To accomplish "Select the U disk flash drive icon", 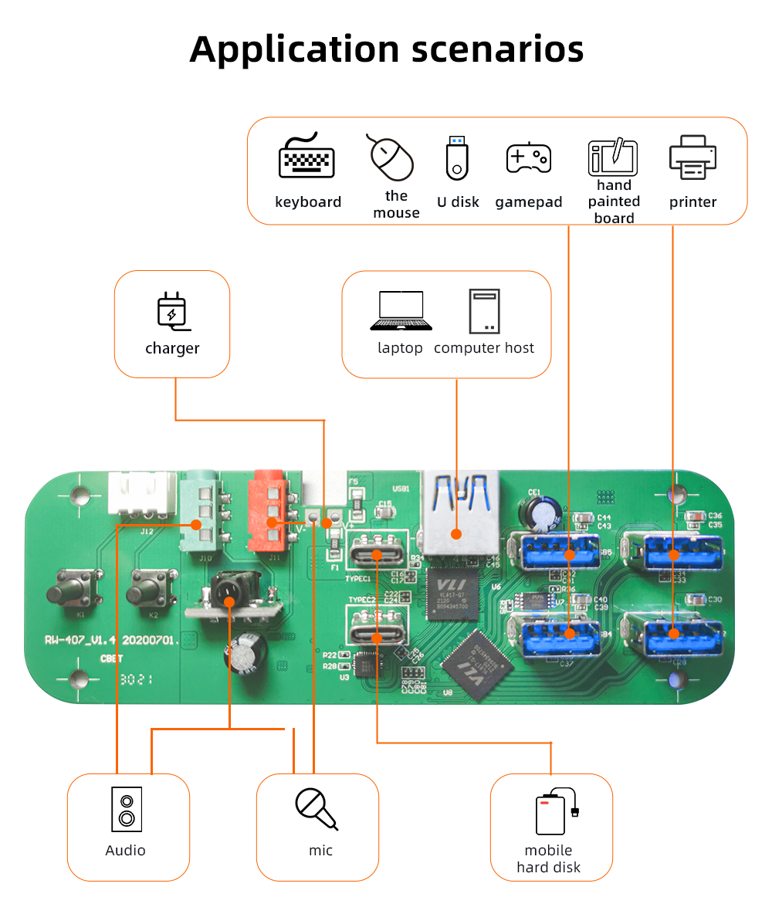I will (x=457, y=157).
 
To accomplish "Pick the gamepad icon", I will (x=528, y=157).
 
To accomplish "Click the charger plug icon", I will (x=171, y=310).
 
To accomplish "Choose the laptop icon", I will (x=400, y=310).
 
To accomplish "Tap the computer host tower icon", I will (x=484, y=311).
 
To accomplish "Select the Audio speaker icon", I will (x=127, y=809).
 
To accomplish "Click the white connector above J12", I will (x=141, y=492).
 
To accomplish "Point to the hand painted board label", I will (x=615, y=201).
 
